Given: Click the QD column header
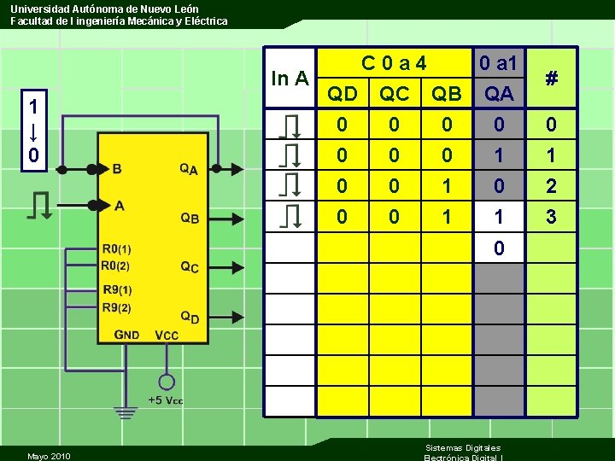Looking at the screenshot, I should tap(343, 94).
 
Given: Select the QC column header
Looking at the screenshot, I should tap(394, 94).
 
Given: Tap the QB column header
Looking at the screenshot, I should tap(446, 94).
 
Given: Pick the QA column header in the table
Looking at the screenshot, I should tap(499, 94).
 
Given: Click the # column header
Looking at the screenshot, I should tap(552, 79).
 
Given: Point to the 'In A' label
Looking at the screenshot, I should tap(290, 79).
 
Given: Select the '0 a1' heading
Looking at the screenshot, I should tap(499, 63).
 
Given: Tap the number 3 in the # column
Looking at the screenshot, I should tap(552, 218).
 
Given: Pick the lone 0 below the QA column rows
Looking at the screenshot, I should tap(499, 248).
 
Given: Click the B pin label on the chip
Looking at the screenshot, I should tap(116, 169).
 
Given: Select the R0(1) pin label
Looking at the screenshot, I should tap(117, 249).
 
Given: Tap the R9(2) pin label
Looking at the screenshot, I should tap(117, 307).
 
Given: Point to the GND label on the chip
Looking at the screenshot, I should tap(127, 335).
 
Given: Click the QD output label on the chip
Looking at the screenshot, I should tap(190, 318).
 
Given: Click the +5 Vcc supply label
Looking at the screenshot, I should tap(166, 400).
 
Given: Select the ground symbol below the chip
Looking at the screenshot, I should tap(126, 413).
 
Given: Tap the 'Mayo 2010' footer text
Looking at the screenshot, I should tap(49, 456).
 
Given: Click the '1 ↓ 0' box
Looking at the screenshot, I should tap(32, 131).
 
